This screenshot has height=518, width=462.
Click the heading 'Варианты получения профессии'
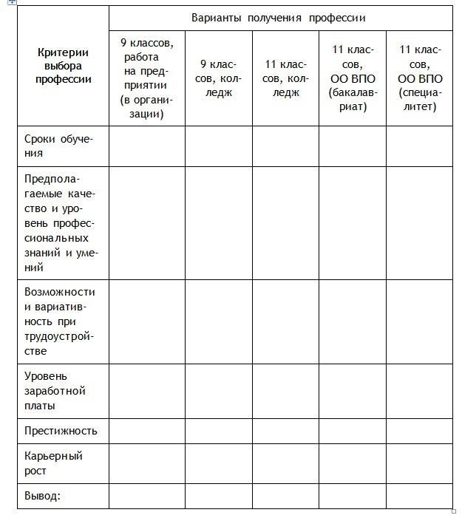pos(279,18)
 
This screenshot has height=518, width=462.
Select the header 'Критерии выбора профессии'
pos(63,66)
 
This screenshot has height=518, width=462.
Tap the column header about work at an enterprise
pos(146,78)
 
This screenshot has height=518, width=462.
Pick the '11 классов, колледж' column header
pos(285,78)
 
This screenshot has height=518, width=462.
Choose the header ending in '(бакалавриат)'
pos(352,78)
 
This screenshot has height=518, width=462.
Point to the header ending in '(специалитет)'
pos(419,78)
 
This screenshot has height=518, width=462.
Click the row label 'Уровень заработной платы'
pos(55,391)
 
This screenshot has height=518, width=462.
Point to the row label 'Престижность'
pos(61,431)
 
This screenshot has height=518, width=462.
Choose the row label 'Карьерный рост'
pos(53,463)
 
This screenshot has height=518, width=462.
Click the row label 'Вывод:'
pos(42,496)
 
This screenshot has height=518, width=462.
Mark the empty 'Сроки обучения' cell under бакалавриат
pos(352,146)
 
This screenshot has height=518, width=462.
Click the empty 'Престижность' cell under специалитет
pos(419,431)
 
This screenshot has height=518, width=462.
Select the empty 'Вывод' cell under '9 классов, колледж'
pos(218,496)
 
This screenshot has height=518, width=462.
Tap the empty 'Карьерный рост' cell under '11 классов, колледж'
pos(285,463)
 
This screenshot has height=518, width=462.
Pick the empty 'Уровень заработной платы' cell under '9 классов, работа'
pos(146,391)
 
